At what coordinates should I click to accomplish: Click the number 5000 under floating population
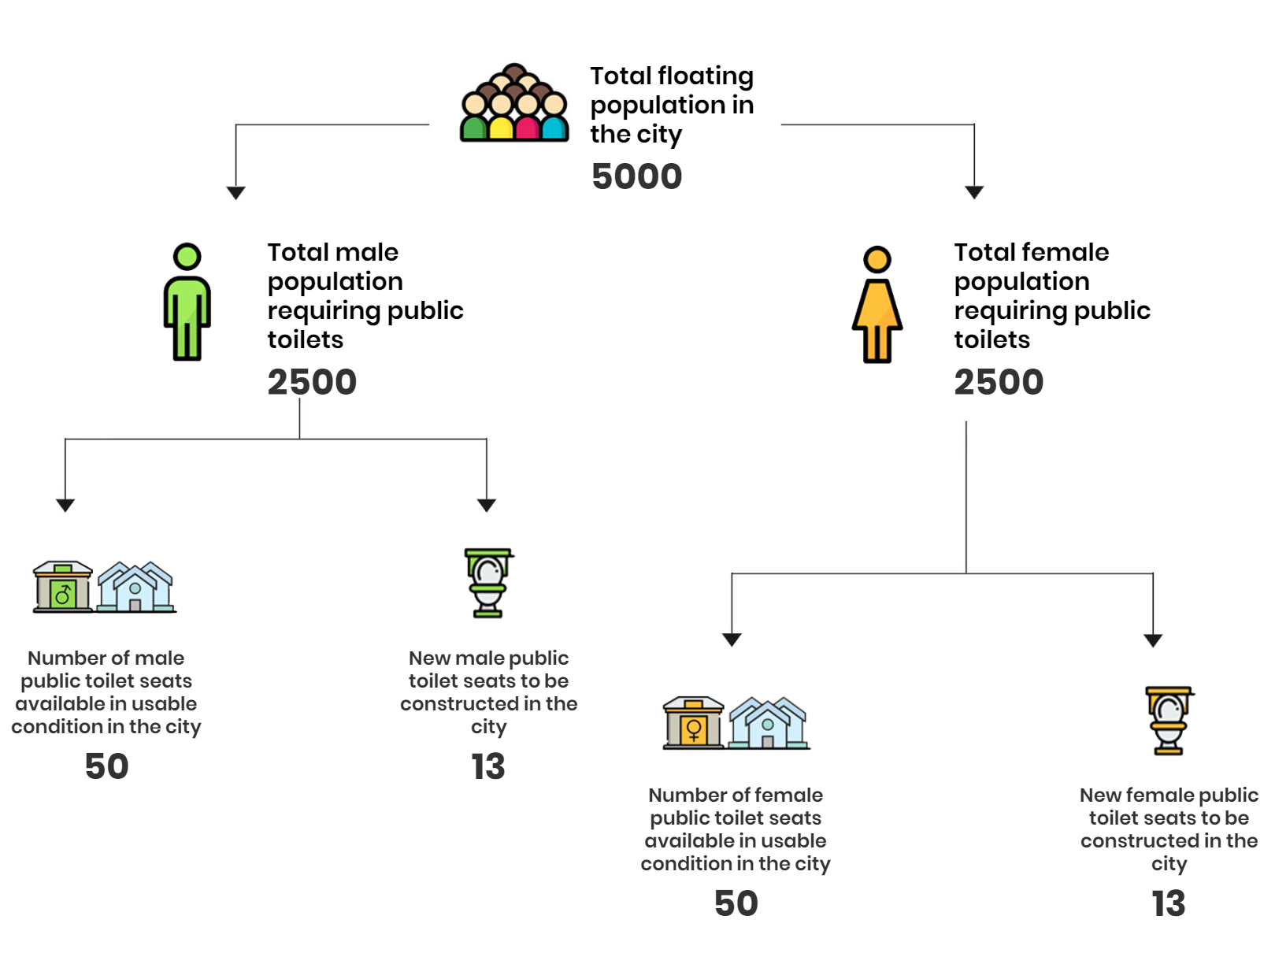[x=636, y=176]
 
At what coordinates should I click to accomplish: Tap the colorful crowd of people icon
[x=514, y=102]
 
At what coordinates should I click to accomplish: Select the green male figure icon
[x=187, y=302]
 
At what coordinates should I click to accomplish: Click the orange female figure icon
[x=877, y=305]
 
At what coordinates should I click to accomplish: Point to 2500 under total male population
[x=312, y=382]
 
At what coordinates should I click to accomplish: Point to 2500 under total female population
[x=999, y=382]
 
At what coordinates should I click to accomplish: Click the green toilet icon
[x=488, y=583]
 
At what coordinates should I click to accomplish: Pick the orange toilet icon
[x=1169, y=721]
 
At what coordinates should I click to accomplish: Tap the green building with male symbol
[x=63, y=587]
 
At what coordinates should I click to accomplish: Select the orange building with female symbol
[x=693, y=723]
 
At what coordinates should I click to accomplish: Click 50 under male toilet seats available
[x=107, y=766]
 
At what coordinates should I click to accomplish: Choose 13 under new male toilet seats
[x=488, y=766]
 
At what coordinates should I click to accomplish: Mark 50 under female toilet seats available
[x=736, y=903]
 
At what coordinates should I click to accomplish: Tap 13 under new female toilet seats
[x=1169, y=903]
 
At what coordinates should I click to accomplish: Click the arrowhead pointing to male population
[x=236, y=193]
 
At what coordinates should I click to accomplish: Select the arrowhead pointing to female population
[x=974, y=192]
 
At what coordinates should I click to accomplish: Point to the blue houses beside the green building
[x=136, y=588]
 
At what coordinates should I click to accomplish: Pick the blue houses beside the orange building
[x=769, y=723]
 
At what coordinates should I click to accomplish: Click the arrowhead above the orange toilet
[x=1153, y=640]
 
